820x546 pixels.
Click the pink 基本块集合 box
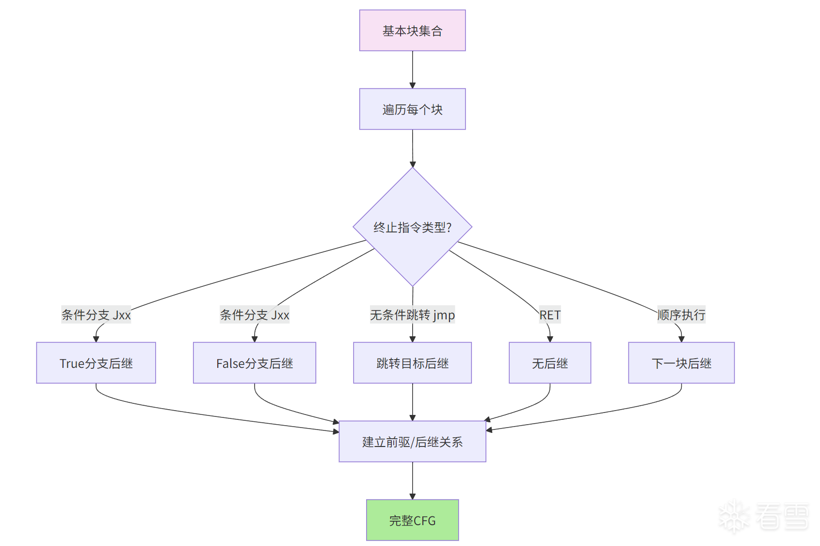tap(412, 31)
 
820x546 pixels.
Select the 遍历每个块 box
tap(412, 109)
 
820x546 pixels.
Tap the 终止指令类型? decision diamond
tap(412, 227)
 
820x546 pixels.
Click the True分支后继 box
tap(96, 363)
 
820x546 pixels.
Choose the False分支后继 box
tap(255, 363)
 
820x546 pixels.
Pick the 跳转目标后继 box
tap(412, 363)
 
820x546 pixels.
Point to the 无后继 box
tap(550, 363)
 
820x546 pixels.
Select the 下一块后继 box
tap(681, 363)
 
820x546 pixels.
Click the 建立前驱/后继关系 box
tap(412, 442)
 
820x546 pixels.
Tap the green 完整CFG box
tap(412, 520)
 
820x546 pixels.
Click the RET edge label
tap(550, 315)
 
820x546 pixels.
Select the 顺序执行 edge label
tap(681, 315)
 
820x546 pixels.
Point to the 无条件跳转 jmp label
tap(412, 315)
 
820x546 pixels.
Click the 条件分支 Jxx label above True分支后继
tap(96, 315)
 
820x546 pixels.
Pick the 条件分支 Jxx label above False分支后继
tap(255, 315)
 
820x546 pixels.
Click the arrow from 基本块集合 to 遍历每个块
tap(413, 69)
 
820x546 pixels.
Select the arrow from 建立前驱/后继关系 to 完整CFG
tap(413, 480)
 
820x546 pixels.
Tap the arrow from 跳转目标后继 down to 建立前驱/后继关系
tap(413, 402)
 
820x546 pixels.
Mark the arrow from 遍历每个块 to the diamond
tap(413, 148)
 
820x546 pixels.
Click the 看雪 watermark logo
tap(764, 516)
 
